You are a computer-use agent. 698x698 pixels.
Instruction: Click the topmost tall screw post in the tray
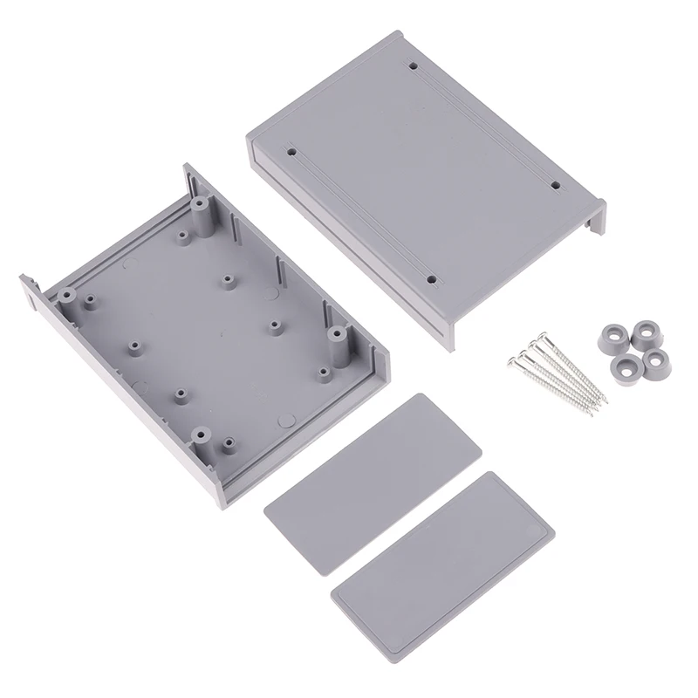(202, 210)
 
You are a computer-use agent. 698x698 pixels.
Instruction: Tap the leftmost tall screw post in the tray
(91, 301)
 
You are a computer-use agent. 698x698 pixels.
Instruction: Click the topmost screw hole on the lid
(411, 65)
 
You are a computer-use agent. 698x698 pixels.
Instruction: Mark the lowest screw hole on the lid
(433, 280)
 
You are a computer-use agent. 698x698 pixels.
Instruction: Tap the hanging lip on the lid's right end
(595, 217)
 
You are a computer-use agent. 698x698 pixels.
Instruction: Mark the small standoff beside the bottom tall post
(229, 443)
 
